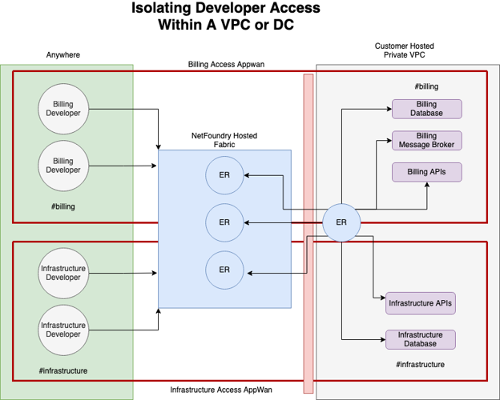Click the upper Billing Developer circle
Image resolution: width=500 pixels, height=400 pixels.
pyautogui.click(x=63, y=109)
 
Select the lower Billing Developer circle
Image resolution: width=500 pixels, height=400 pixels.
pyautogui.click(x=63, y=166)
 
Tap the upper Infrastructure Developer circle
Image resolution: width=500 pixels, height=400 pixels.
pyautogui.click(x=63, y=272)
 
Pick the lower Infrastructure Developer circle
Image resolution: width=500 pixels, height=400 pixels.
pyautogui.click(x=63, y=329)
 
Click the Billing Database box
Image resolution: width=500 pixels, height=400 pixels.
pyautogui.click(x=426, y=109)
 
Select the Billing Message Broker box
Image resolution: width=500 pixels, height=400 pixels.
pyautogui.click(x=426, y=141)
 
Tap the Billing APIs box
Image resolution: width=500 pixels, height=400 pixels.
pyautogui.click(x=426, y=172)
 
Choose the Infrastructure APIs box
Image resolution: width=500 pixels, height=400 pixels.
pyautogui.click(x=421, y=303)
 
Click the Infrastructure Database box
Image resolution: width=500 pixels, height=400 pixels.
pyautogui.click(x=421, y=339)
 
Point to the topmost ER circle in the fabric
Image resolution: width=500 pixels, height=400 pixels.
pyautogui.click(x=224, y=174)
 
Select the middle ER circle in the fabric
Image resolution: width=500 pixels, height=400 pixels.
pyautogui.click(x=224, y=222)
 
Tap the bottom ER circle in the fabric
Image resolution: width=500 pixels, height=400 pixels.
pyautogui.click(x=224, y=270)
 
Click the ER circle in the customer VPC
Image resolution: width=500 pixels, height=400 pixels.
pyautogui.click(x=341, y=222)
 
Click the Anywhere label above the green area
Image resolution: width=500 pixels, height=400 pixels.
pyautogui.click(x=63, y=55)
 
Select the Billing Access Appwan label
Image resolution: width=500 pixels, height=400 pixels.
pyautogui.click(x=225, y=63)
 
